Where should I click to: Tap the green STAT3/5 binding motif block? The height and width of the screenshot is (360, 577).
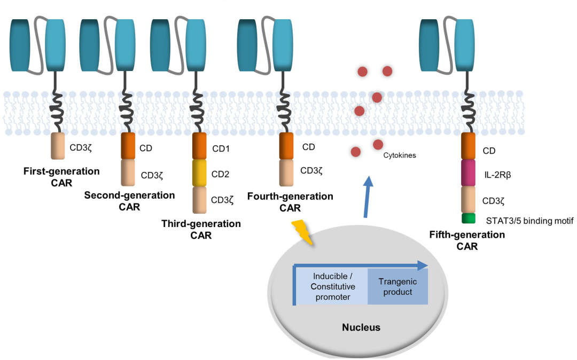pos(469,218)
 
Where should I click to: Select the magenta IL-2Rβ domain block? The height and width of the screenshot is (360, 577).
pos(469,173)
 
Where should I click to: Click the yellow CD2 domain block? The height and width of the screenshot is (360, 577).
pos(199,173)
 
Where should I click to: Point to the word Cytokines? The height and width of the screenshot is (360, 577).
pos(400,155)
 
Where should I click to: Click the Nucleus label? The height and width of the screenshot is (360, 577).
pos(361,327)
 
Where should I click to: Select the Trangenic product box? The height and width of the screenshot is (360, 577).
pos(397,287)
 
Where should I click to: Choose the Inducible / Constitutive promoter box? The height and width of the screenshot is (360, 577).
pos(332,287)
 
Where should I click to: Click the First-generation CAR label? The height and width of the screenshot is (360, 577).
pos(61,177)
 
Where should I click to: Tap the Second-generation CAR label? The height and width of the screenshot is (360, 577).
pos(129,201)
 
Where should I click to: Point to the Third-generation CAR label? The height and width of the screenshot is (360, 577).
pos(201,229)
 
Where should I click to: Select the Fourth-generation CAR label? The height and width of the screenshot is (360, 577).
pos(290,202)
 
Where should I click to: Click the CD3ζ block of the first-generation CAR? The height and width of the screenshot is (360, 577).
pos(58,146)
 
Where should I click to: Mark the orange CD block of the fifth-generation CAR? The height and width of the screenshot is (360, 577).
pos(469,146)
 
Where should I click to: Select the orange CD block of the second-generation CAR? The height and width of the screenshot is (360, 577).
pos(128,146)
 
